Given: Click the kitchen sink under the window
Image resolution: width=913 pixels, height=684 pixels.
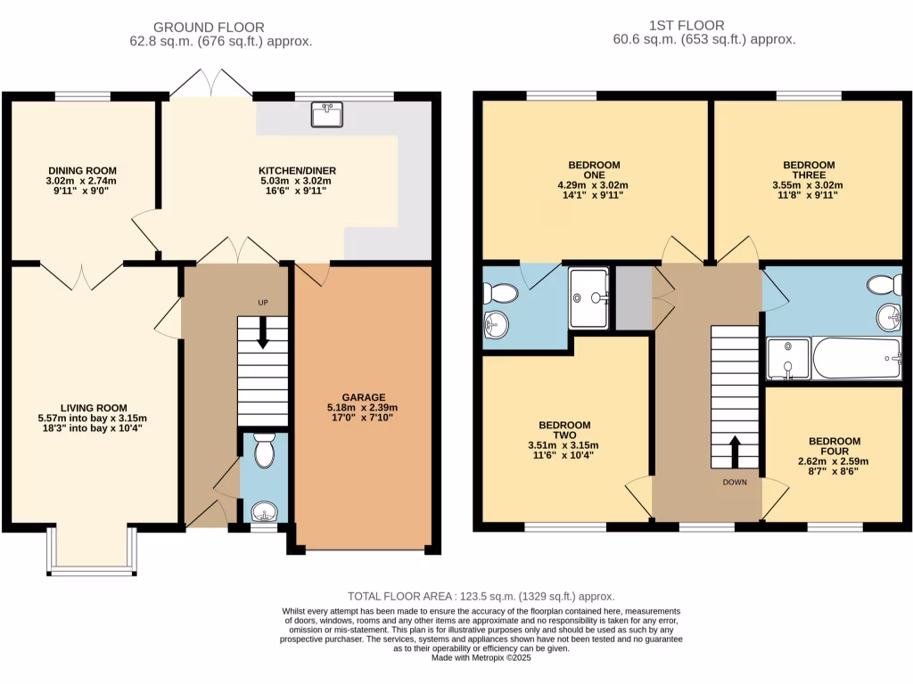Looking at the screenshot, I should click(x=325, y=114).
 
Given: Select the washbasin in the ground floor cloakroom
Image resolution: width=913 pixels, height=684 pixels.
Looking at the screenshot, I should click(x=264, y=511).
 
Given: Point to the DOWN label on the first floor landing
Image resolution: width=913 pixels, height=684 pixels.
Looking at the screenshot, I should click(x=735, y=482).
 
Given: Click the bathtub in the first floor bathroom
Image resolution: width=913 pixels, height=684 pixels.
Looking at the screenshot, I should click(x=857, y=358).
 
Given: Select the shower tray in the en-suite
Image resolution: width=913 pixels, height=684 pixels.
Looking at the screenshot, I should click(x=589, y=297).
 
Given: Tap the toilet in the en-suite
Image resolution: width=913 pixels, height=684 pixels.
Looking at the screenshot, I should click(x=500, y=294).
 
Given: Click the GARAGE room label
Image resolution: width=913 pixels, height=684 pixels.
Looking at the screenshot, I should click(x=363, y=397).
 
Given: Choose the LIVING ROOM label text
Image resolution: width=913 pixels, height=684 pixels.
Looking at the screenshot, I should click(x=93, y=406).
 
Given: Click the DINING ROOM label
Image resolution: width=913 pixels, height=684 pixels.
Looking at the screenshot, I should click(x=82, y=170).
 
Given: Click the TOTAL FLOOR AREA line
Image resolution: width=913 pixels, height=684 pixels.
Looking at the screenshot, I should click(x=481, y=597).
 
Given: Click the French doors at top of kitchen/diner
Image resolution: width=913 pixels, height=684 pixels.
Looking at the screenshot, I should click(x=211, y=85).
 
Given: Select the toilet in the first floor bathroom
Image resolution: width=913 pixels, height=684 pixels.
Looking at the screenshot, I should click(x=884, y=285).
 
